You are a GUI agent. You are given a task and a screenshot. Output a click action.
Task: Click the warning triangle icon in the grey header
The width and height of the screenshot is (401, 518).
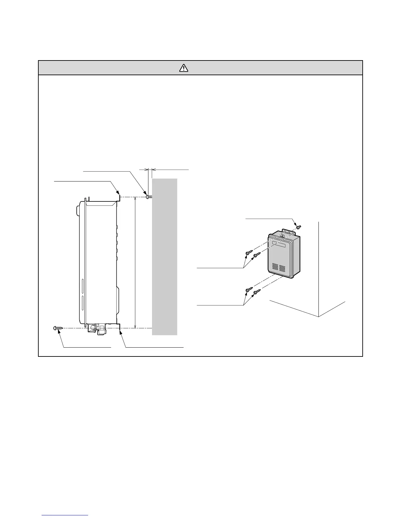click(x=184, y=68)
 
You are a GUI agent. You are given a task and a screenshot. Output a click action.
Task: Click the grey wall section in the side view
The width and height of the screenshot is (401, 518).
click(x=164, y=257)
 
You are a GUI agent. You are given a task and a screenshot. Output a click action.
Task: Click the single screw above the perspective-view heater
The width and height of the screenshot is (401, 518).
click(x=298, y=227)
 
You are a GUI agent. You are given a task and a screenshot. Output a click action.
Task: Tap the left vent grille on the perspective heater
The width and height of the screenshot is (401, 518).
click(x=275, y=267)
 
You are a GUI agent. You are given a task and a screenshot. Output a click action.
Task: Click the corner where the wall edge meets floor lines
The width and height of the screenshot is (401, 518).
click(x=318, y=317)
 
